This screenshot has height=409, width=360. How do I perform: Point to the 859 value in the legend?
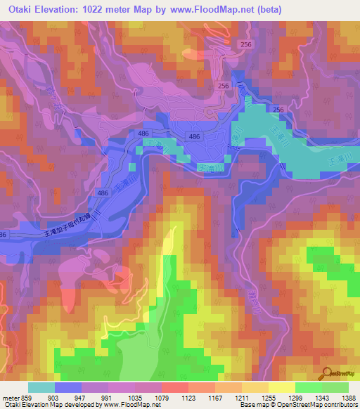(x=25, y=398)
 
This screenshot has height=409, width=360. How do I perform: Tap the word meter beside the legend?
(x=9, y=398)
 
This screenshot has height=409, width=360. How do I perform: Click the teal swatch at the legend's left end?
(x=41, y=387)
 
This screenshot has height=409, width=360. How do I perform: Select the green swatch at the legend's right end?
(x=335, y=387)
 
